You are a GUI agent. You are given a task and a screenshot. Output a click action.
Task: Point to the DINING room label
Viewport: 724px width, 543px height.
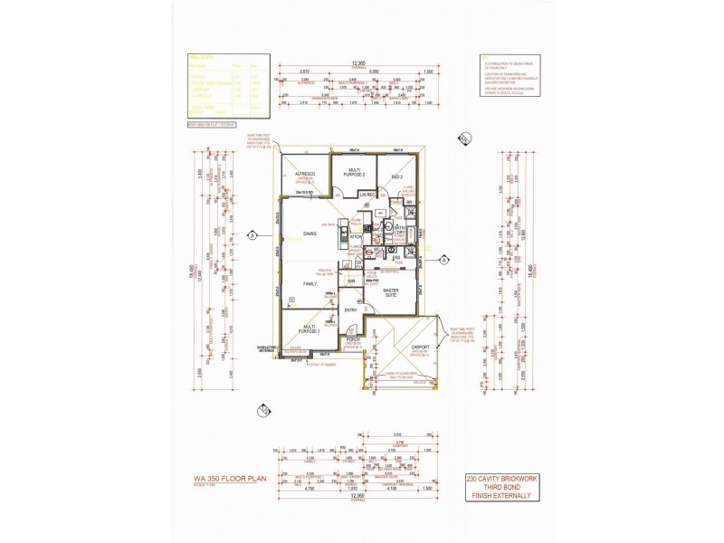[x=310, y=234]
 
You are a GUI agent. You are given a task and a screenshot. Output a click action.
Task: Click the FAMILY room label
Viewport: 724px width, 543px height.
[x=308, y=284]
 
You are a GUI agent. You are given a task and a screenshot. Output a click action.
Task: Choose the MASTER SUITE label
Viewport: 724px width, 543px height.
[x=392, y=293]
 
